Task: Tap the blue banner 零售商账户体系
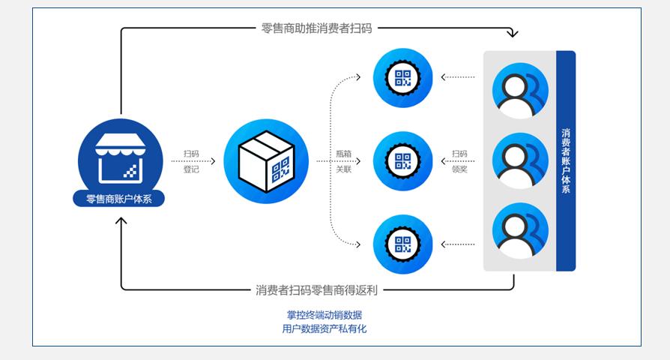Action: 120,199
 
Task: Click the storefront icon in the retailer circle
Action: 120,158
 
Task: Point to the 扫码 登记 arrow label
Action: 191,161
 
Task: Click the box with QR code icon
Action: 265,161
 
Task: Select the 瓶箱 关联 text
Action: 344,161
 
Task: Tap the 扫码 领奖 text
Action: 459,161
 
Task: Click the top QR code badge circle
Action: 403,76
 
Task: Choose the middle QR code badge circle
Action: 403,160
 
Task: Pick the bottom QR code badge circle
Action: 403,244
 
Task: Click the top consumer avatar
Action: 519,90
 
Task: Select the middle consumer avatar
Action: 519,160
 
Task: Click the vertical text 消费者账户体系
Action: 566,160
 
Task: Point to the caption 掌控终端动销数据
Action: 324,315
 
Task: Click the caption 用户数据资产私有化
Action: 324,328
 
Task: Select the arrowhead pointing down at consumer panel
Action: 513,34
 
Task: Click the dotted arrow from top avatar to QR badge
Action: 458,76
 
